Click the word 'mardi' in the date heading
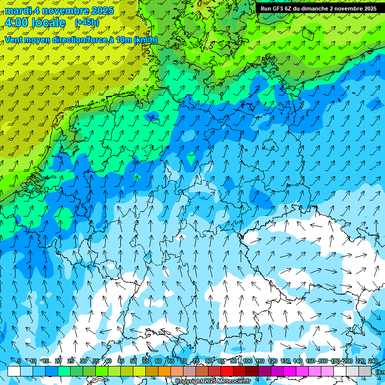tap(18, 11)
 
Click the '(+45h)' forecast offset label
tap(86, 23)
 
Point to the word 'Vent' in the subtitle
tap(14, 40)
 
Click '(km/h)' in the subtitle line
tap(145, 40)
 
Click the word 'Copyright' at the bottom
tap(189, 381)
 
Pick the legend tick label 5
tap(19, 361)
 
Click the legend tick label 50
tap(133, 361)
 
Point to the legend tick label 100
tap(247, 361)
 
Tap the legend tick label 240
tap(372, 361)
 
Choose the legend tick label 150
tap(310, 361)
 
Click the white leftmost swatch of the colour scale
tap(14, 371)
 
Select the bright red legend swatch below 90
tap(227, 371)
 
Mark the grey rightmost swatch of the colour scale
tap(365, 371)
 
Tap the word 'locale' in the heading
tap(48, 23)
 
